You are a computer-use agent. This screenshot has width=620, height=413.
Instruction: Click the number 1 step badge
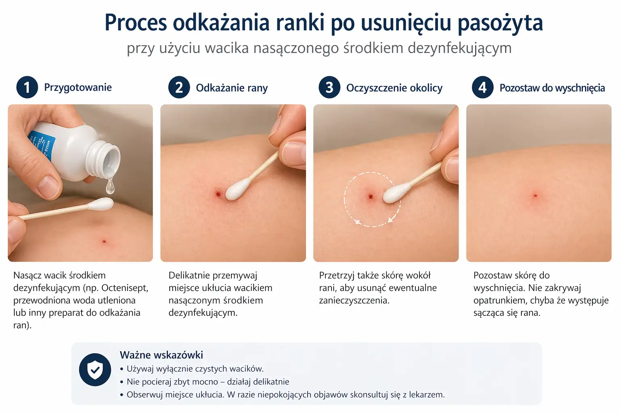[x=27, y=88]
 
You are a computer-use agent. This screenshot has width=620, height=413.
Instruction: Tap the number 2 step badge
[x=179, y=88]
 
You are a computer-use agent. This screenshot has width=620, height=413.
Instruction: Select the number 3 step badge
[x=329, y=88]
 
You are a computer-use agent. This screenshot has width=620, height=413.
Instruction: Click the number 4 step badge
[x=482, y=88]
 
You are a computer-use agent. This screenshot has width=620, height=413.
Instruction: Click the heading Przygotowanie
[x=78, y=88]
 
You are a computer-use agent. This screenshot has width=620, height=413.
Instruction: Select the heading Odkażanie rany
[x=232, y=88]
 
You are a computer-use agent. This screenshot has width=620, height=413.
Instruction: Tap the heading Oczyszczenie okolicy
[x=394, y=88]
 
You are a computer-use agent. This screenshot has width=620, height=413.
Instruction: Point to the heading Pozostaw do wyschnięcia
[x=552, y=88]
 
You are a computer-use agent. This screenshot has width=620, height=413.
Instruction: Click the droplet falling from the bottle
[x=110, y=186]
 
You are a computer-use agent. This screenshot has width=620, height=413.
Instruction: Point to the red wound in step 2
[x=218, y=194]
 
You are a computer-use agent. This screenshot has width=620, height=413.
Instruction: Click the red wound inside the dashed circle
[x=371, y=197]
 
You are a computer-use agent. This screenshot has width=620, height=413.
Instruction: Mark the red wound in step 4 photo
[x=535, y=196]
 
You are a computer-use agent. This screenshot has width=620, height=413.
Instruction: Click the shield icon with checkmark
[x=95, y=369]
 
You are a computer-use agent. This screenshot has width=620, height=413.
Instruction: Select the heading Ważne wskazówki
[x=161, y=355]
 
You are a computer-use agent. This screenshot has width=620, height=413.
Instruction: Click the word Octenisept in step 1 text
[x=125, y=288]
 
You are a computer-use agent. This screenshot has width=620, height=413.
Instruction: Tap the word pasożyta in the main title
[x=500, y=23]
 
